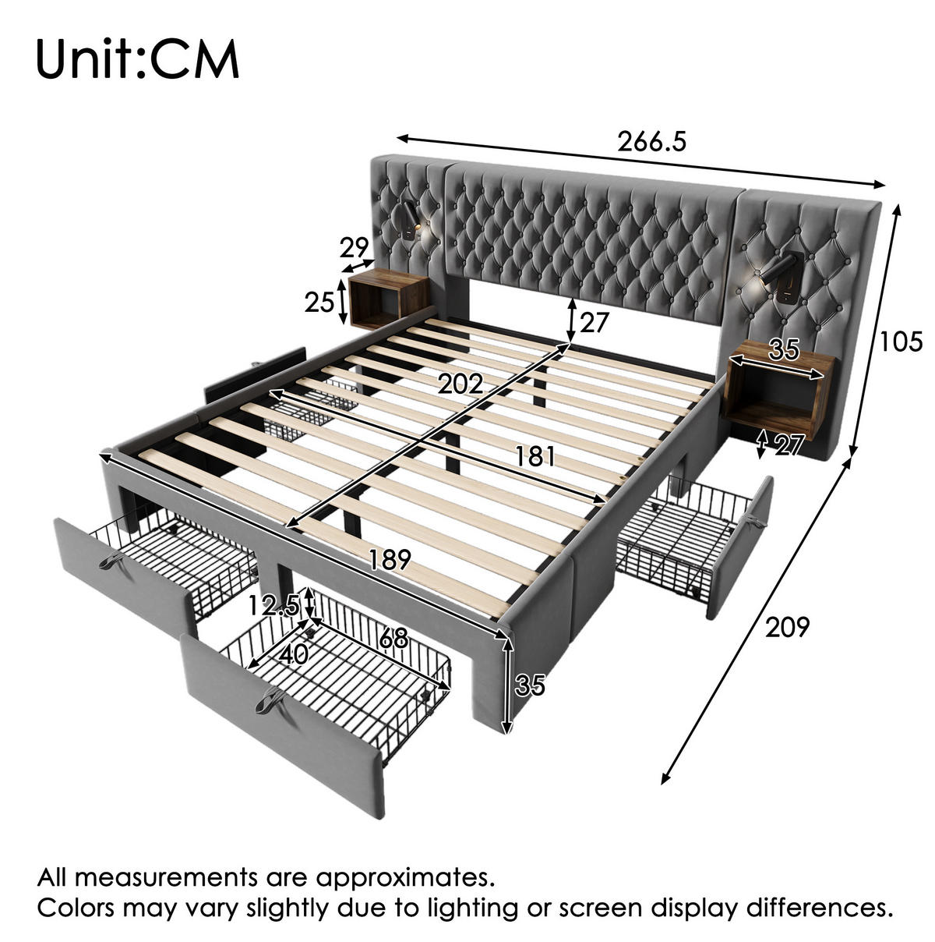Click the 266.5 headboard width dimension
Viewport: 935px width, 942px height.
tap(651, 142)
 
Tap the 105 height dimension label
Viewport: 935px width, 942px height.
tap(901, 342)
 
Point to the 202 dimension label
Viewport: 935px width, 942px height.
tap(460, 384)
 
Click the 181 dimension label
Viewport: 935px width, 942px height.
tap(535, 457)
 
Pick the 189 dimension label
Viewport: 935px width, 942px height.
tap(390, 560)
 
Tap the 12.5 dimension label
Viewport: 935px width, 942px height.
tap(273, 606)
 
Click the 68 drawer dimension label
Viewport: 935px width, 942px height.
tap(393, 638)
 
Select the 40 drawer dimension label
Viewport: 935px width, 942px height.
tap(294, 654)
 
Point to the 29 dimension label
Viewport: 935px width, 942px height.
tap(354, 247)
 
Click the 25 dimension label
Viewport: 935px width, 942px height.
tap(319, 302)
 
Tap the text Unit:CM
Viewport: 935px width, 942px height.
tap(137, 58)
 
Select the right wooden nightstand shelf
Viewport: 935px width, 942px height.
tap(780, 392)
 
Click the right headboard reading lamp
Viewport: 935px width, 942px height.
tap(777, 277)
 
